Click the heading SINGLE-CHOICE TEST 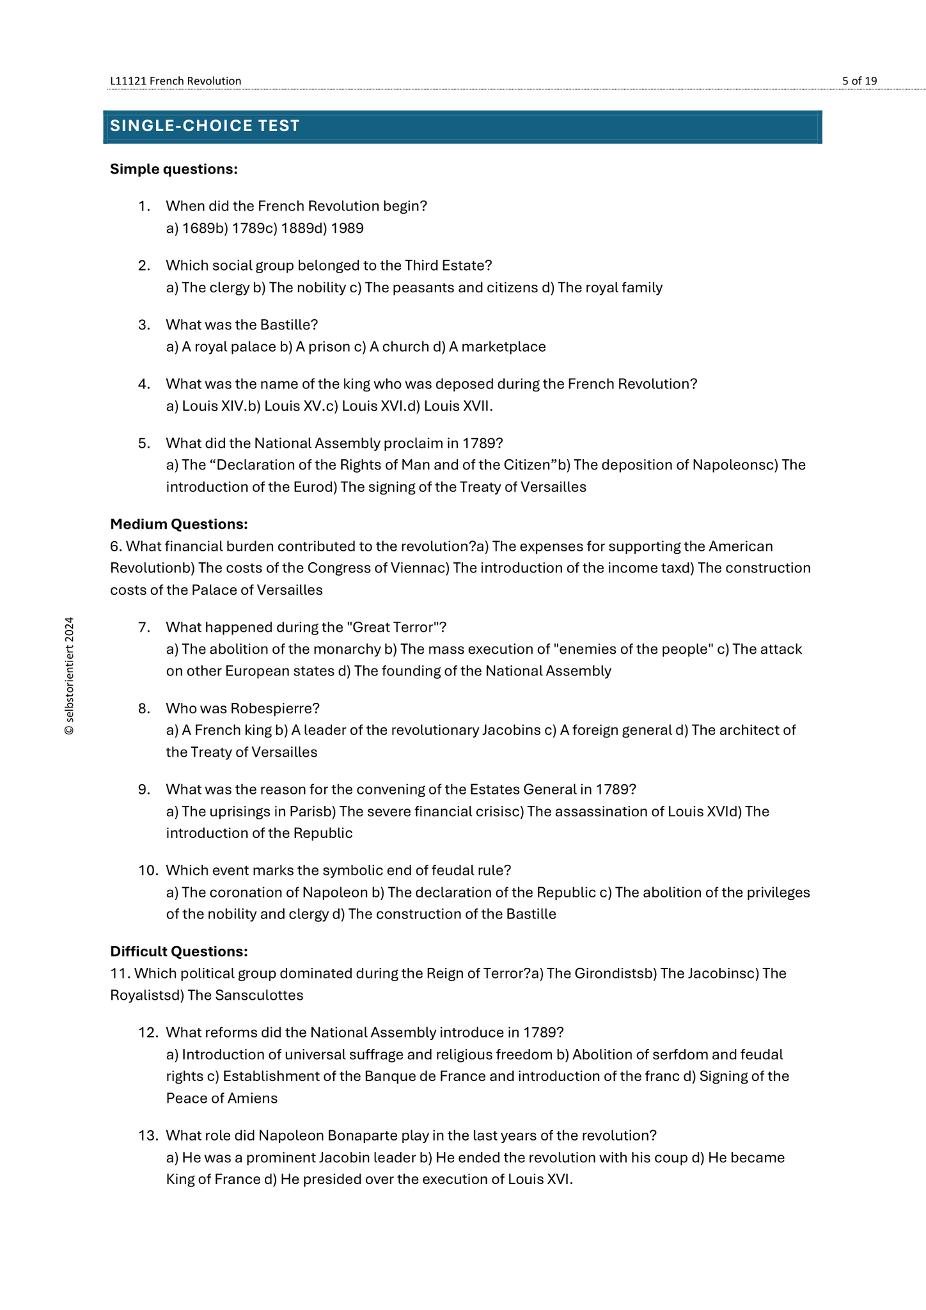coord(205,126)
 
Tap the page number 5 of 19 coord(859,81)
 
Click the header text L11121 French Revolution coord(175,81)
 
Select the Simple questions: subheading coord(173,169)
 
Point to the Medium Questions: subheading coord(178,524)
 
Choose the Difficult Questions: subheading coord(178,951)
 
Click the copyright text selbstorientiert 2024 coord(69,676)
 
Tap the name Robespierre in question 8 coord(274,708)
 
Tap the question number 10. coord(148,870)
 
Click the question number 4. coord(144,384)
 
